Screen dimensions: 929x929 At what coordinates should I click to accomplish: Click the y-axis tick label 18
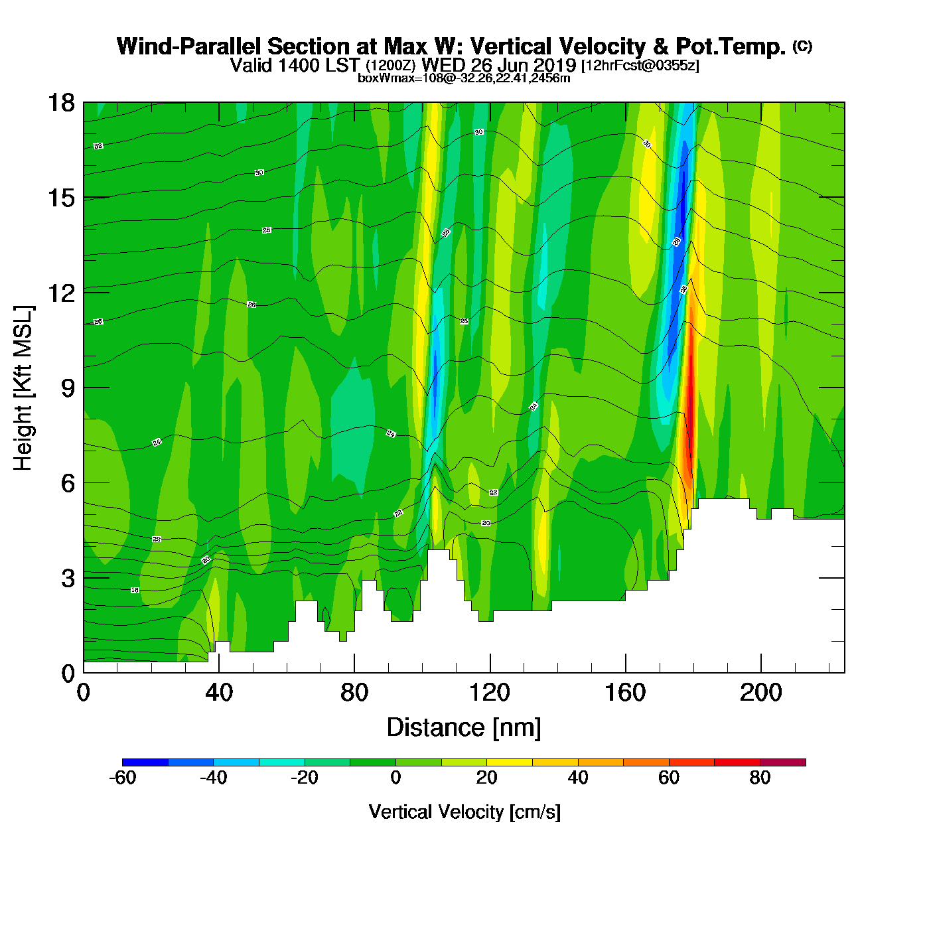click(60, 103)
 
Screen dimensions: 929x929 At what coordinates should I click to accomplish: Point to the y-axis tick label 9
click(68, 388)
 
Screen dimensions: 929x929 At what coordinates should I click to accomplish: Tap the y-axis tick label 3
click(68, 579)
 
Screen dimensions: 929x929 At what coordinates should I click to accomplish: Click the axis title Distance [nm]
click(464, 728)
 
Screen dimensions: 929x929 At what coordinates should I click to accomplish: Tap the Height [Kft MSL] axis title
click(23, 388)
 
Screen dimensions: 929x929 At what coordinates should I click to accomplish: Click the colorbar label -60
click(122, 778)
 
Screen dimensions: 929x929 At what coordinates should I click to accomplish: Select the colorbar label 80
click(760, 778)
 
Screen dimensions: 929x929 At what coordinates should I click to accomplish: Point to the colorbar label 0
click(395, 778)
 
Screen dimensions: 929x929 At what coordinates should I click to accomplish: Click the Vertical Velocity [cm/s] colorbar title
click(464, 812)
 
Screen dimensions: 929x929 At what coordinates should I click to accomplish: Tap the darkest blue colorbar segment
click(145, 762)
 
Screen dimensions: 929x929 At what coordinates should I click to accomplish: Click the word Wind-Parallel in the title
click(189, 47)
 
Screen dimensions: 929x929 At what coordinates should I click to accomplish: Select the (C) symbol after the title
click(802, 46)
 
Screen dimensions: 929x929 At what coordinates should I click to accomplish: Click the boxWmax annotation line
click(464, 78)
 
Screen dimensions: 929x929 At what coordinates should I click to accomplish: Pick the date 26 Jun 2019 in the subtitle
click(523, 65)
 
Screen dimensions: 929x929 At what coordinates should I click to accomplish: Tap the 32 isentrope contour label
click(98, 146)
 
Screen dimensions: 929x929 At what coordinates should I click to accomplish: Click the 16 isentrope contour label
click(135, 590)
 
